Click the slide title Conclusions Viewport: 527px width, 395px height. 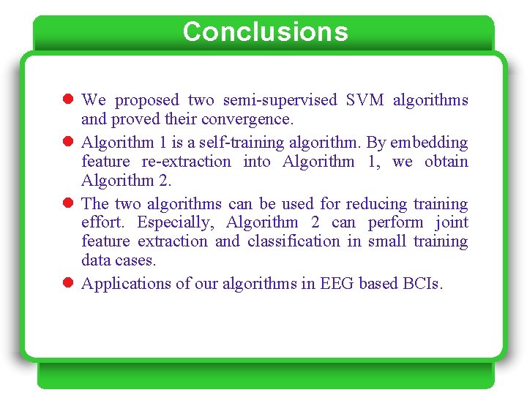pos(265,32)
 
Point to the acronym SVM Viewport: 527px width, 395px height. pos(366,100)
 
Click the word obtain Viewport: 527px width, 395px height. pos(447,162)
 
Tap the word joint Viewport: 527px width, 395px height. pos(451,222)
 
